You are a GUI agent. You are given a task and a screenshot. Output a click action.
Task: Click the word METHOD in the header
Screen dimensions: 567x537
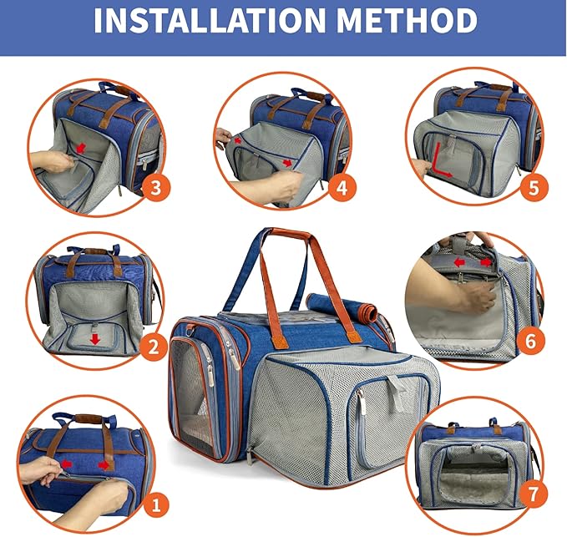pos(407,20)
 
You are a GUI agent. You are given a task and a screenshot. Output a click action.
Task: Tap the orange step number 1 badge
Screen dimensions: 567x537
pos(156,504)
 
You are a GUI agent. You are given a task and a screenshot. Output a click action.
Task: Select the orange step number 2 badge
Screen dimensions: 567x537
pos(154,347)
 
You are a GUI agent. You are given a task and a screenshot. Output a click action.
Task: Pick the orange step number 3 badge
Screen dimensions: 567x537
pos(155,188)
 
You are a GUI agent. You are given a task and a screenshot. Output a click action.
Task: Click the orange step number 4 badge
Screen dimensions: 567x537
pos(342,188)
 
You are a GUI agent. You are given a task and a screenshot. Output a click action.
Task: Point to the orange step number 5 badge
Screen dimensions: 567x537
pos(534,188)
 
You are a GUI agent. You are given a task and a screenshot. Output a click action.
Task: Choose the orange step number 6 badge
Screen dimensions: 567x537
pos(530,341)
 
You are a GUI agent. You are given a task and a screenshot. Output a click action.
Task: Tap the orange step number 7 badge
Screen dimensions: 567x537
pos(533,494)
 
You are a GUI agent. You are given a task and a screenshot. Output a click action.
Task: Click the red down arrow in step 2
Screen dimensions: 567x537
pos(95,339)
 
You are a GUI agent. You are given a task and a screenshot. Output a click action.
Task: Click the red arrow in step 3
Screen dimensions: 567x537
pos(81,147)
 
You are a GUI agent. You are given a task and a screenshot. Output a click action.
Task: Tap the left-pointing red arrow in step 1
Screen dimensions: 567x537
pos(67,464)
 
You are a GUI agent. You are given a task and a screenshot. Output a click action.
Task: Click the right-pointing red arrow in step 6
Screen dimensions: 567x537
pos(486,261)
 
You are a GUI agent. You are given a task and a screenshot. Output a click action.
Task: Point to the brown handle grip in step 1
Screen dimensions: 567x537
pos(88,418)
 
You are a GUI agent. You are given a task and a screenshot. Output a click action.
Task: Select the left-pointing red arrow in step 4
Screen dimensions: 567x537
pos(237,140)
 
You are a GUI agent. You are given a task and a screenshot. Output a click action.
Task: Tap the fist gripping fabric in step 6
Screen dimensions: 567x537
pos(478,296)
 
